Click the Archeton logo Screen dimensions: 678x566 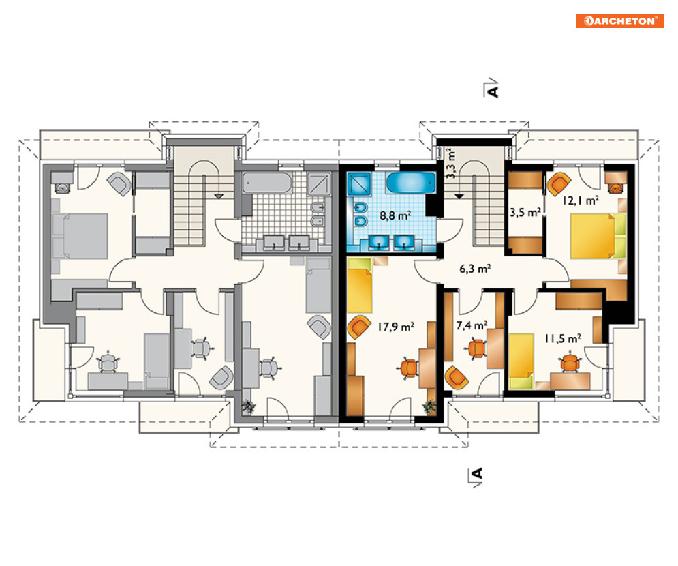coord(620,20)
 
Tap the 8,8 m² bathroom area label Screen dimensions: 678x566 coord(395,215)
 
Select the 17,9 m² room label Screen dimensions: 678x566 coord(395,326)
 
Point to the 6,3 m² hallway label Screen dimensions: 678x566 coord(475,269)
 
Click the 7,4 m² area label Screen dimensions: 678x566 coord(472,325)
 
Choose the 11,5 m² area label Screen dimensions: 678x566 coord(562,338)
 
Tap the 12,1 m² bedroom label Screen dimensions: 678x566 coord(581,200)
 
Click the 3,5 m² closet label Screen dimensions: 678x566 coord(525,213)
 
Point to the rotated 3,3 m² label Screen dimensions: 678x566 coord(450,163)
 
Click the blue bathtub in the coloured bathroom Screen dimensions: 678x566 coord(410,183)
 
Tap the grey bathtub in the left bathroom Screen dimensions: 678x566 coord(267,183)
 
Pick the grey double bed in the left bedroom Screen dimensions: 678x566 coord(80,236)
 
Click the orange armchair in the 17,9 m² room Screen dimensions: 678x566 coord(359,327)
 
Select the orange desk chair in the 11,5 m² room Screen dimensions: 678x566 coord(570,363)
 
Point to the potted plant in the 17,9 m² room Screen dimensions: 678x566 coord(430,407)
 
